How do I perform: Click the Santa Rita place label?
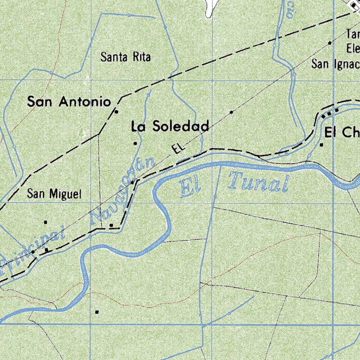[126, 57]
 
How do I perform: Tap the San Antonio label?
[69, 102]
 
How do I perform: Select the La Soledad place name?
[170, 126]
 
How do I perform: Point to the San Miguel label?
[54, 194]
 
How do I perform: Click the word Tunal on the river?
[258, 182]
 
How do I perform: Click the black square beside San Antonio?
[117, 112]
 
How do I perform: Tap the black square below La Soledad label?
[135, 143]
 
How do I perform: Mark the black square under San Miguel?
[45, 222]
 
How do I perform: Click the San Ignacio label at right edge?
[336, 64]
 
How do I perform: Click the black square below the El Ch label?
[321, 144]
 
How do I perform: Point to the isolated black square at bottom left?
[97, 312]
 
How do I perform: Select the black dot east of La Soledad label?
[231, 112]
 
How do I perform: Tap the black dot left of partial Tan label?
[330, 43]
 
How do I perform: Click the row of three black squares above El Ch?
[330, 112]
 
